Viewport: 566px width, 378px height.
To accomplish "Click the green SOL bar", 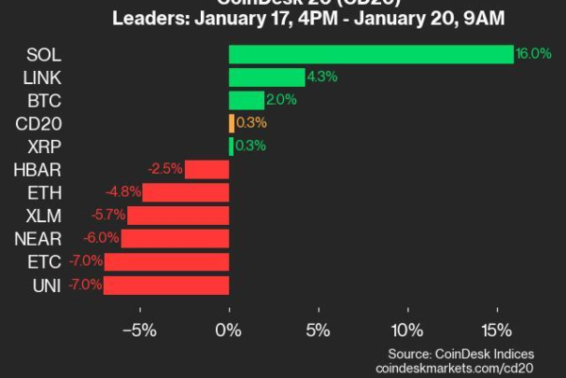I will click(x=371, y=55).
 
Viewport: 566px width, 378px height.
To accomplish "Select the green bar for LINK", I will click(x=267, y=77).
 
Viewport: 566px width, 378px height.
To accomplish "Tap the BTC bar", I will click(x=246, y=100).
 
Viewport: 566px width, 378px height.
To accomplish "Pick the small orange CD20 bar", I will click(x=231, y=123).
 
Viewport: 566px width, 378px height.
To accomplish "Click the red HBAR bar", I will click(x=207, y=169).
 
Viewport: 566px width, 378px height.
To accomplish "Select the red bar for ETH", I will click(x=186, y=192).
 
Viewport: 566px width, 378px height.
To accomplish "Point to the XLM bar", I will click(x=177, y=215).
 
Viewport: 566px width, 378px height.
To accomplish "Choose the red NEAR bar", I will click(x=175, y=238).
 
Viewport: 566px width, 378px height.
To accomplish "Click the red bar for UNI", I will click(x=166, y=284).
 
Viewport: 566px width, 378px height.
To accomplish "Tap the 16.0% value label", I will click(x=527, y=55).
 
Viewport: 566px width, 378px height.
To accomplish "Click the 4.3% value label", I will click(x=320, y=77).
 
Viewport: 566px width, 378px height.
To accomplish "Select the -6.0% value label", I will click(x=103, y=238).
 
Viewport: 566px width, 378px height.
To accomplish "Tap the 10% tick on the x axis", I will click(x=407, y=332).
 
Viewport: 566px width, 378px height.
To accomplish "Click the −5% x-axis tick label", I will click(x=139, y=332).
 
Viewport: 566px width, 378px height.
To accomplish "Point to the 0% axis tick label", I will click(x=228, y=332).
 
